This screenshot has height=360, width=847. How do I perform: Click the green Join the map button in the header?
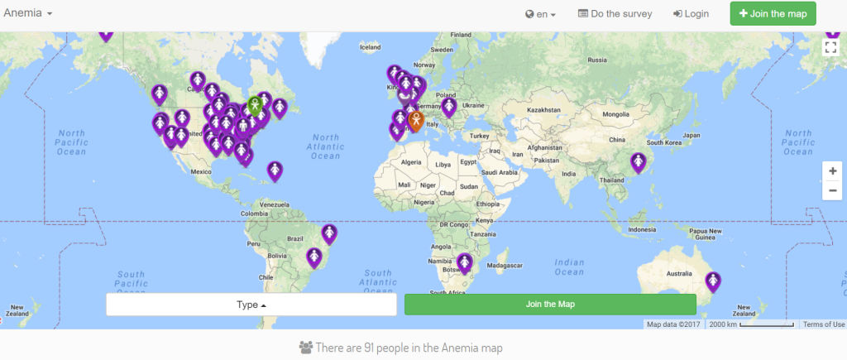click(x=773, y=13)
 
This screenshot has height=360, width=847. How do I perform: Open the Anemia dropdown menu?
click(x=29, y=14)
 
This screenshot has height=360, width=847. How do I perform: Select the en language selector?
click(x=540, y=14)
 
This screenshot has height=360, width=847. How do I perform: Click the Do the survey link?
click(x=615, y=14)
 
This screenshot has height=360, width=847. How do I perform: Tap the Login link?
click(x=691, y=14)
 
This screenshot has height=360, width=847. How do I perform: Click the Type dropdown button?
click(x=251, y=305)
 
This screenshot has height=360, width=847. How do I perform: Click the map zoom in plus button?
click(x=832, y=171)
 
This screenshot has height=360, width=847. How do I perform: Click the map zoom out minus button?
click(x=832, y=190)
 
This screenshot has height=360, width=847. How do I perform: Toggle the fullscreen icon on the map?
click(x=831, y=47)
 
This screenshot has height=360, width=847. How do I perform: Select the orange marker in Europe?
click(x=417, y=119)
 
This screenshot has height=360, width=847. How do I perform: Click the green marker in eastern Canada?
click(x=256, y=105)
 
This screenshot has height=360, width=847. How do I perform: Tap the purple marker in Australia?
click(x=713, y=281)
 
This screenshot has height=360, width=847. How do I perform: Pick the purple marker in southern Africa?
click(x=464, y=262)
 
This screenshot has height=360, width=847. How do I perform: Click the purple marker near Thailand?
click(x=638, y=162)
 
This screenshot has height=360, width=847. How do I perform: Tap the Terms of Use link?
click(x=824, y=324)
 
